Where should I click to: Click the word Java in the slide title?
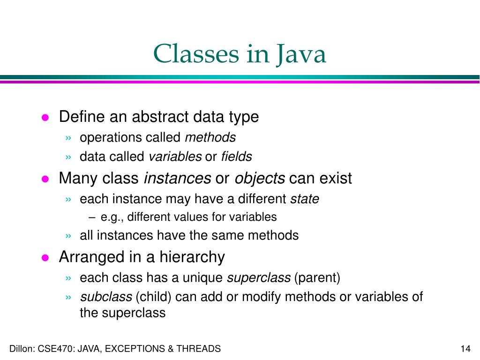(x=300, y=54)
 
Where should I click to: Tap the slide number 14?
(x=465, y=349)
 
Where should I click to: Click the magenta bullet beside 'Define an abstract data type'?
(x=45, y=118)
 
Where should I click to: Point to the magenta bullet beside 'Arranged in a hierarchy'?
(x=45, y=258)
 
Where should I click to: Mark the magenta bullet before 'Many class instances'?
(x=45, y=179)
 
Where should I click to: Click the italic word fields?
(x=236, y=157)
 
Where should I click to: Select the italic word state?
(x=305, y=199)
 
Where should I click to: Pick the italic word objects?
(x=260, y=179)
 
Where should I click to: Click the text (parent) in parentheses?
(x=317, y=278)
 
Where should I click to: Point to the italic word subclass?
(x=106, y=297)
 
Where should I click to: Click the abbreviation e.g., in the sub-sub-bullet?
(x=112, y=217)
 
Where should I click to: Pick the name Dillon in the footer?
(x=21, y=349)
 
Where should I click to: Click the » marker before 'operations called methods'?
(x=69, y=138)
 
